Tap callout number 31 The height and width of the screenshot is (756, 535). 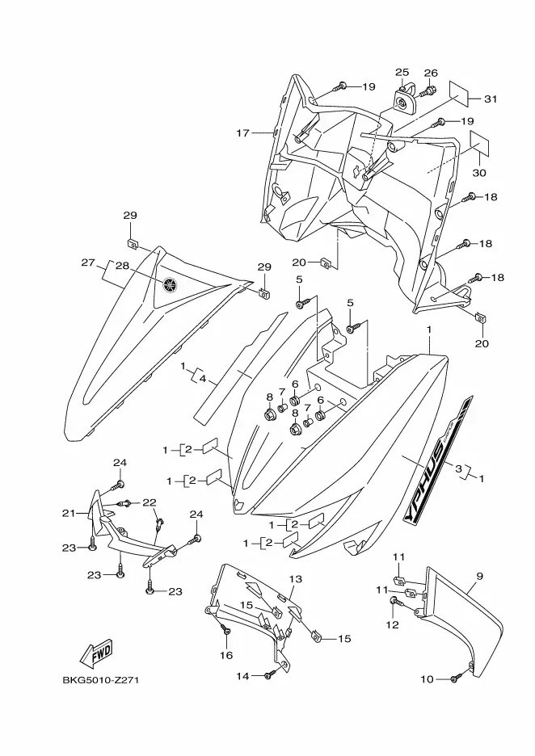click(x=491, y=99)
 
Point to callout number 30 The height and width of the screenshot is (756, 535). click(x=478, y=173)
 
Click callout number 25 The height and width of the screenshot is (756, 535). click(x=402, y=73)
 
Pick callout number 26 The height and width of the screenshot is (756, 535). click(x=431, y=73)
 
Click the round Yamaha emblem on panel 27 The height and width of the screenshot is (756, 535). click(x=171, y=284)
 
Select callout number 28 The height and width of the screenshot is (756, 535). click(x=123, y=266)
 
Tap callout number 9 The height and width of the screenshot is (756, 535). click(x=479, y=577)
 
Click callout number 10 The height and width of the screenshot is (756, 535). click(x=428, y=679)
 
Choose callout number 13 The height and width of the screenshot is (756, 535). click(x=295, y=579)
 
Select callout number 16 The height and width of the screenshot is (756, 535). click(x=227, y=656)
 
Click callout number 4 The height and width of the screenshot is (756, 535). click(x=204, y=379)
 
